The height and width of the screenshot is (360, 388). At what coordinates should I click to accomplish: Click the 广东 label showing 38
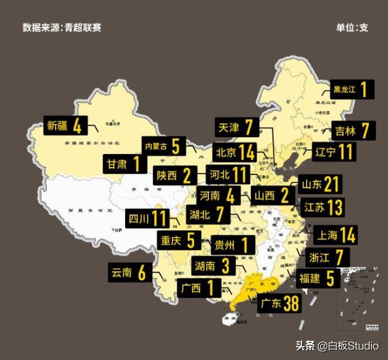[277, 304]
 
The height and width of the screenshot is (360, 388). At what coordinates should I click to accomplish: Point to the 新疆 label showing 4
[65, 126]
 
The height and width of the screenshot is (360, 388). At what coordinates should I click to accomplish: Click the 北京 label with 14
[235, 152]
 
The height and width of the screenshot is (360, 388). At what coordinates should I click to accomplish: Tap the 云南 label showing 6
[128, 273]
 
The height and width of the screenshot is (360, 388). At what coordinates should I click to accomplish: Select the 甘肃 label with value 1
[124, 164]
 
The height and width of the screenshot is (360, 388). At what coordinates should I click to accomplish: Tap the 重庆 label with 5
[177, 240]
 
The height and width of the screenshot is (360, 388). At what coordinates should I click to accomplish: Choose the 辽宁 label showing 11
[332, 152]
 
